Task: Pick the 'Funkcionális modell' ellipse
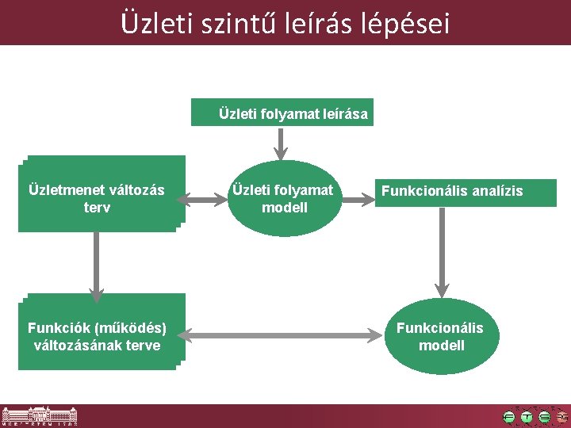tap(441, 336)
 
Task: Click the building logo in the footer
tap(39, 416)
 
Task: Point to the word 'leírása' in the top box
tap(345, 114)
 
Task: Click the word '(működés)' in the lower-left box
tap(131, 328)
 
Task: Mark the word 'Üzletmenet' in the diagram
tap(66, 190)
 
